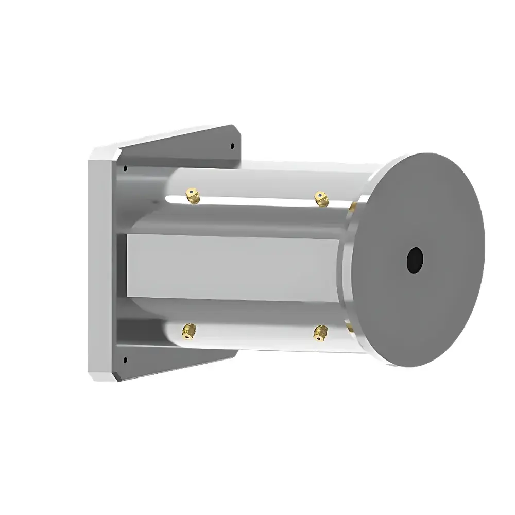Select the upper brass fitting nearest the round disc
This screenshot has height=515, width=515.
pos(322,198)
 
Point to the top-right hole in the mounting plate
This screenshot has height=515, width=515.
pos(232,146)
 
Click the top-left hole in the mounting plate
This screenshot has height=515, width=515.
pos(125,168)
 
